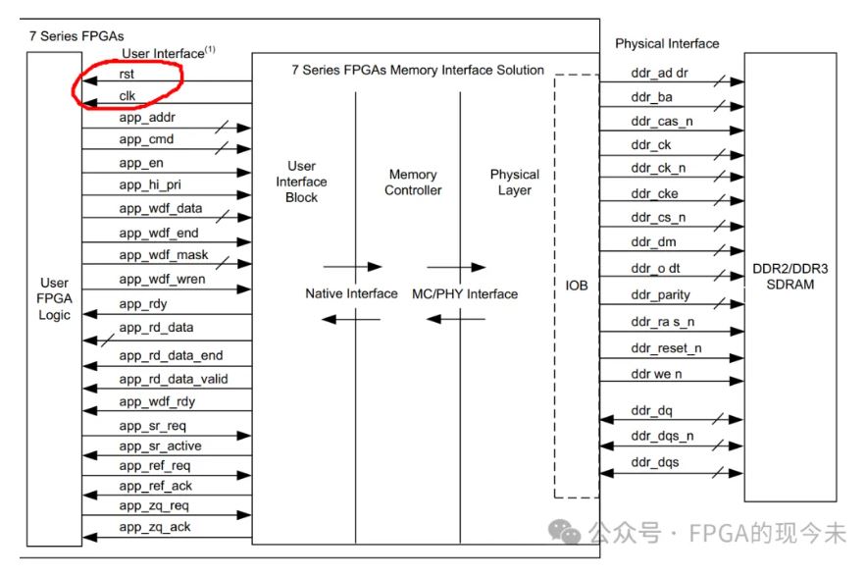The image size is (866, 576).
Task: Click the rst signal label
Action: pyautogui.click(x=127, y=74)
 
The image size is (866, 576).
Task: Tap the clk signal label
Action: pyautogui.click(x=127, y=95)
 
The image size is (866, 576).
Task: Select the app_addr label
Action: pyautogui.click(x=147, y=118)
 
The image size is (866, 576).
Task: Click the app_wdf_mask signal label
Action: pyautogui.click(x=164, y=255)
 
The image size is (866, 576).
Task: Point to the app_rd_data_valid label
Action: pyautogui.click(x=174, y=379)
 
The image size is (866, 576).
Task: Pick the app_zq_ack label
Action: pyautogui.click(x=155, y=527)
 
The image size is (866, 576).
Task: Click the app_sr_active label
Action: pyautogui.click(x=160, y=446)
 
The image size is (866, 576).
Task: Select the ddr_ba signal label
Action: pyautogui.click(x=652, y=97)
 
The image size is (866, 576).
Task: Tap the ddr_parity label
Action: pyautogui.click(x=661, y=295)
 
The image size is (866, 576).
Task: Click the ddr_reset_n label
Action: pyautogui.click(x=666, y=348)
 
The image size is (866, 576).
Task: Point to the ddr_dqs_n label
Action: pyautogui.click(x=662, y=436)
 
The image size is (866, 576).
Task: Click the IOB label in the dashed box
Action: pyautogui.click(x=576, y=286)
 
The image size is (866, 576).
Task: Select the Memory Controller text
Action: pyautogui.click(x=413, y=183)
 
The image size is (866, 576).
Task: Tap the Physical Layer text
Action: pyautogui.click(x=515, y=183)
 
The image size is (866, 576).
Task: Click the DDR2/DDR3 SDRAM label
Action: pyautogui.click(x=790, y=277)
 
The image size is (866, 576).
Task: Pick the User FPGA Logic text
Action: pyautogui.click(x=54, y=298)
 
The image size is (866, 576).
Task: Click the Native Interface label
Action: pyautogui.click(x=351, y=293)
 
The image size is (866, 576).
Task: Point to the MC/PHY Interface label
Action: pyautogui.click(x=465, y=294)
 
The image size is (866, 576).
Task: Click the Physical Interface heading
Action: pyautogui.click(x=667, y=44)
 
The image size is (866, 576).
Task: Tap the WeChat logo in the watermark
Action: pyautogui.click(x=564, y=532)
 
